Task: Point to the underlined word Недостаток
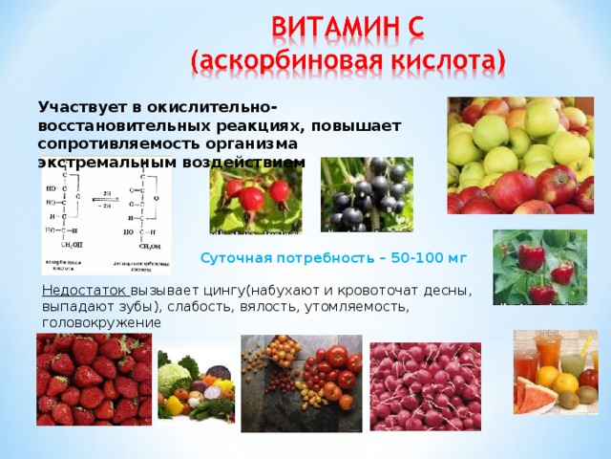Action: (x=85, y=291)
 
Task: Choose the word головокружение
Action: (x=101, y=323)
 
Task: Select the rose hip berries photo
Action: (x=255, y=196)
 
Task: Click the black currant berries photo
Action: (x=367, y=196)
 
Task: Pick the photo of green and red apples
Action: (x=520, y=155)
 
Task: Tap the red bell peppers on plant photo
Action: (x=539, y=267)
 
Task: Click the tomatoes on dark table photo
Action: (x=301, y=382)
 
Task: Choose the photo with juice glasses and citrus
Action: (x=555, y=372)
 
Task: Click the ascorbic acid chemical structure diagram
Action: (x=106, y=220)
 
